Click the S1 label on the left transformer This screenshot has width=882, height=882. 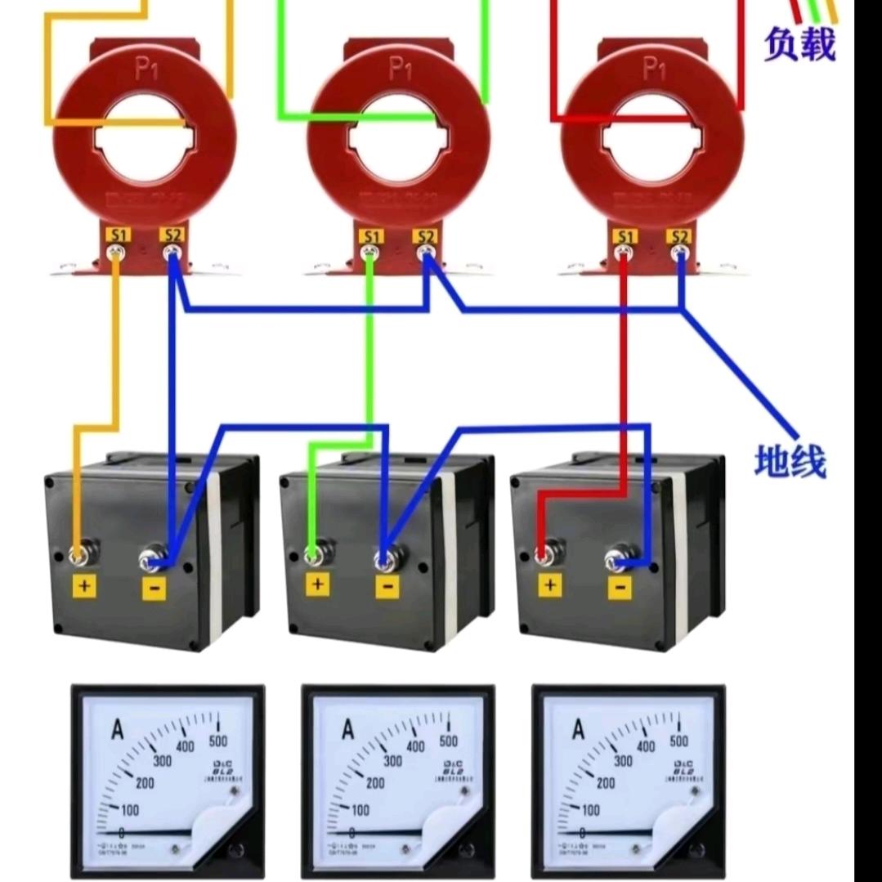coord(119,235)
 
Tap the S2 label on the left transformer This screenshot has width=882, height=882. coord(172,235)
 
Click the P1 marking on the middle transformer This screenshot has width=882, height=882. coord(400,69)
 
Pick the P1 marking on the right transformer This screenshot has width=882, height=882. coord(654,69)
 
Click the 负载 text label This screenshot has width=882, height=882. coord(800,44)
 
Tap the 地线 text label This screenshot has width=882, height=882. coord(790,462)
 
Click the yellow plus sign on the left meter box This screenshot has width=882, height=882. coord(85,585)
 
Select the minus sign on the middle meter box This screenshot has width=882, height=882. coord(387,585)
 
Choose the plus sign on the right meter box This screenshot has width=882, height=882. coord(550,585)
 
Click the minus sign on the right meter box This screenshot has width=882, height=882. coord(620,585)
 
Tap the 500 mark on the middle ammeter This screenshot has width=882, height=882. coord(448,741)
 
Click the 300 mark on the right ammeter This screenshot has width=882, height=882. coord(623,760)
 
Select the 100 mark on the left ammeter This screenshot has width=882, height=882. coord(128,809)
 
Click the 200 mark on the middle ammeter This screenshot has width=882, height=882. coord(375,782)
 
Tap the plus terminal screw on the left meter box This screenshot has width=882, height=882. coord(80,556)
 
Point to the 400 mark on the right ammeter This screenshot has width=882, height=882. coord(646,746)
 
